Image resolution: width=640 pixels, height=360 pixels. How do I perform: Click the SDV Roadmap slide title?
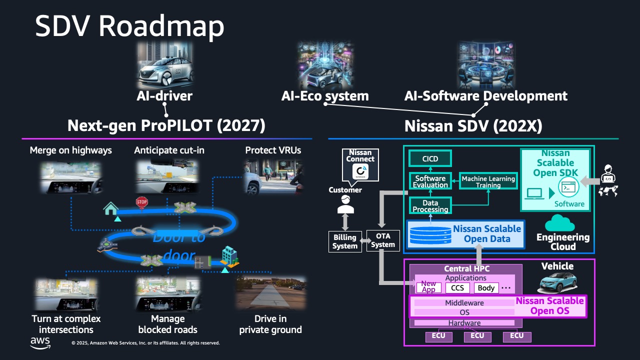click(129, 26)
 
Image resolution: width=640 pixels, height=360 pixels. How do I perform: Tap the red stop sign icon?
click(142, 202)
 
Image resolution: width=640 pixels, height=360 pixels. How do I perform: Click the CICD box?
click(430, 159)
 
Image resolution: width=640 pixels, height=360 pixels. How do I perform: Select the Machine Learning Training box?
click(488, 181)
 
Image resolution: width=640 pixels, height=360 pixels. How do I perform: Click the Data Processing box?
click(430, 205)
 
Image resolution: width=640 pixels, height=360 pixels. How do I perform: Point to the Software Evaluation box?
click(430, 181)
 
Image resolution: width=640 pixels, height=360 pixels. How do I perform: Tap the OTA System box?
click(383, 240)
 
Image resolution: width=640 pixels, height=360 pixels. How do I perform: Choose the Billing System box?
click(345, 241)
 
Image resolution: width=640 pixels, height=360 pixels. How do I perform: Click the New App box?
click(428, 287)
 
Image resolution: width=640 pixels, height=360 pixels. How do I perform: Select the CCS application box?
click(457, 287)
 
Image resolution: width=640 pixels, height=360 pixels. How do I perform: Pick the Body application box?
click(486, 287)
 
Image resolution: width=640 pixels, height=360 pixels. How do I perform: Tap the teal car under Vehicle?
click(557, 283)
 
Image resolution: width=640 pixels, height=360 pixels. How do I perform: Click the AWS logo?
click(40, 342)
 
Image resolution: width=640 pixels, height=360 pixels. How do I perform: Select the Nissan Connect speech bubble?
click(360, 165)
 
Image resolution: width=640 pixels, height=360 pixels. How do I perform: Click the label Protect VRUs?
click(273, 150)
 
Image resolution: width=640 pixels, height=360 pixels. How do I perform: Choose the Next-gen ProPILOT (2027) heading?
click(166, 125)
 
